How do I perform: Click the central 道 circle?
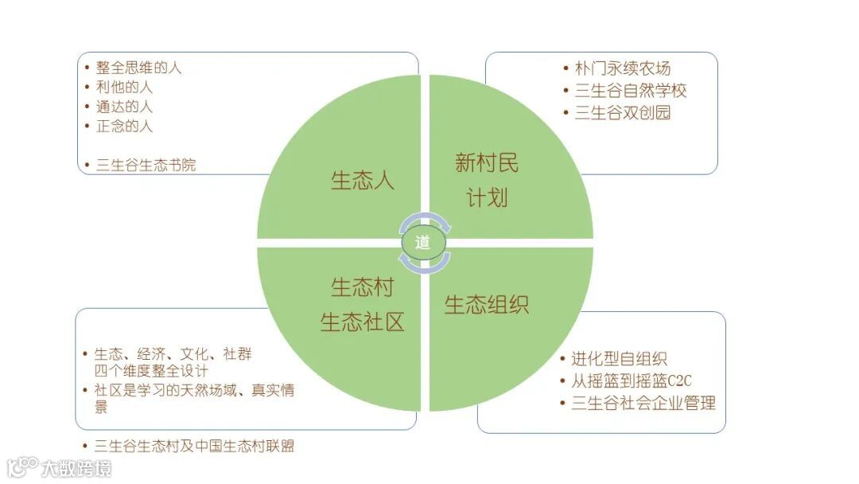(x=423, y=243)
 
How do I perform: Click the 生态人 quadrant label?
(x=363, y=180)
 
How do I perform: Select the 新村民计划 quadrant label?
(x=487, y=180)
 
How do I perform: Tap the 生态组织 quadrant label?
(x=486, y=305)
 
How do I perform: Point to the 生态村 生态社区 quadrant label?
(x=363, y=304)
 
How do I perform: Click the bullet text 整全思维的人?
(x=138, y=68)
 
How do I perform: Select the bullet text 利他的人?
(x=124, y=87)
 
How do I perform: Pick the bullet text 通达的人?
(x=124, y=106)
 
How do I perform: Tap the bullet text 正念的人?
(x=124, y=125)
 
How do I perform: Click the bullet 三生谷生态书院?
(x=146, y=165)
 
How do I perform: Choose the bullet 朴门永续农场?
(x=623, y=68)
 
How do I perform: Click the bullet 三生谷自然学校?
(x=631, y=91)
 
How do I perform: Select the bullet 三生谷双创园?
(x=623, y=112)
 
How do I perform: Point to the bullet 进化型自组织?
(x=619, y=358)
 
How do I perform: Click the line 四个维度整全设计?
(x=152, y=371)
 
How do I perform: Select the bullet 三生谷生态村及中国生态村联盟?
(x=194, y=446)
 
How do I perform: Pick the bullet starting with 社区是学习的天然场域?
(x=195, y=391)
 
